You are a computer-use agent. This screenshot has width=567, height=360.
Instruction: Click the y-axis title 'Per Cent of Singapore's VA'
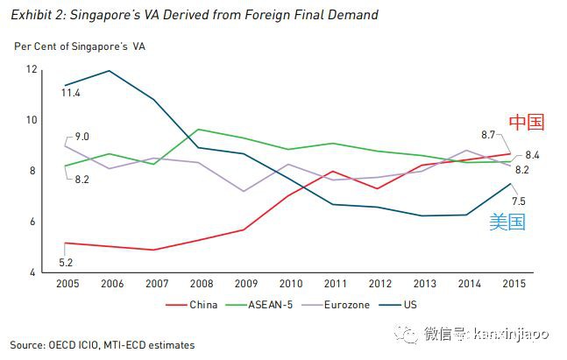[x=80, y=46]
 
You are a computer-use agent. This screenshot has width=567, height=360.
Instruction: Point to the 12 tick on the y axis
[x=32, y=69]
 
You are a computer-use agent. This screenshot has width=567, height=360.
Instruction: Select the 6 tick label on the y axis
[x=33, y=222]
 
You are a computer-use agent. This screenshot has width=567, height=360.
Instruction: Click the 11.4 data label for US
[x=72, y=92]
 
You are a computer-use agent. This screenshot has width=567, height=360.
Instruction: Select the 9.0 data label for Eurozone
[x=82, y=137]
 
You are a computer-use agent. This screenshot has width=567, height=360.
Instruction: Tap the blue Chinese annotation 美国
[x=507, y=222]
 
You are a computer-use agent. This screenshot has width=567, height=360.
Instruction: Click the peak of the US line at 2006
[x=110, y=71]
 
